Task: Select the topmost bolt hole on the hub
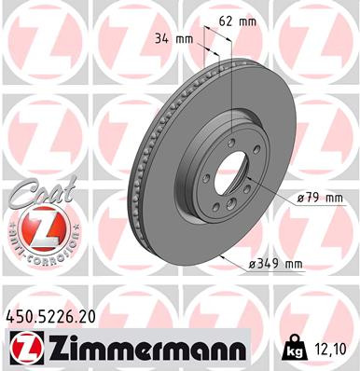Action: coord(228,140)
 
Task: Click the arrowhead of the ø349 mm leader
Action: coord(224,255)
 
